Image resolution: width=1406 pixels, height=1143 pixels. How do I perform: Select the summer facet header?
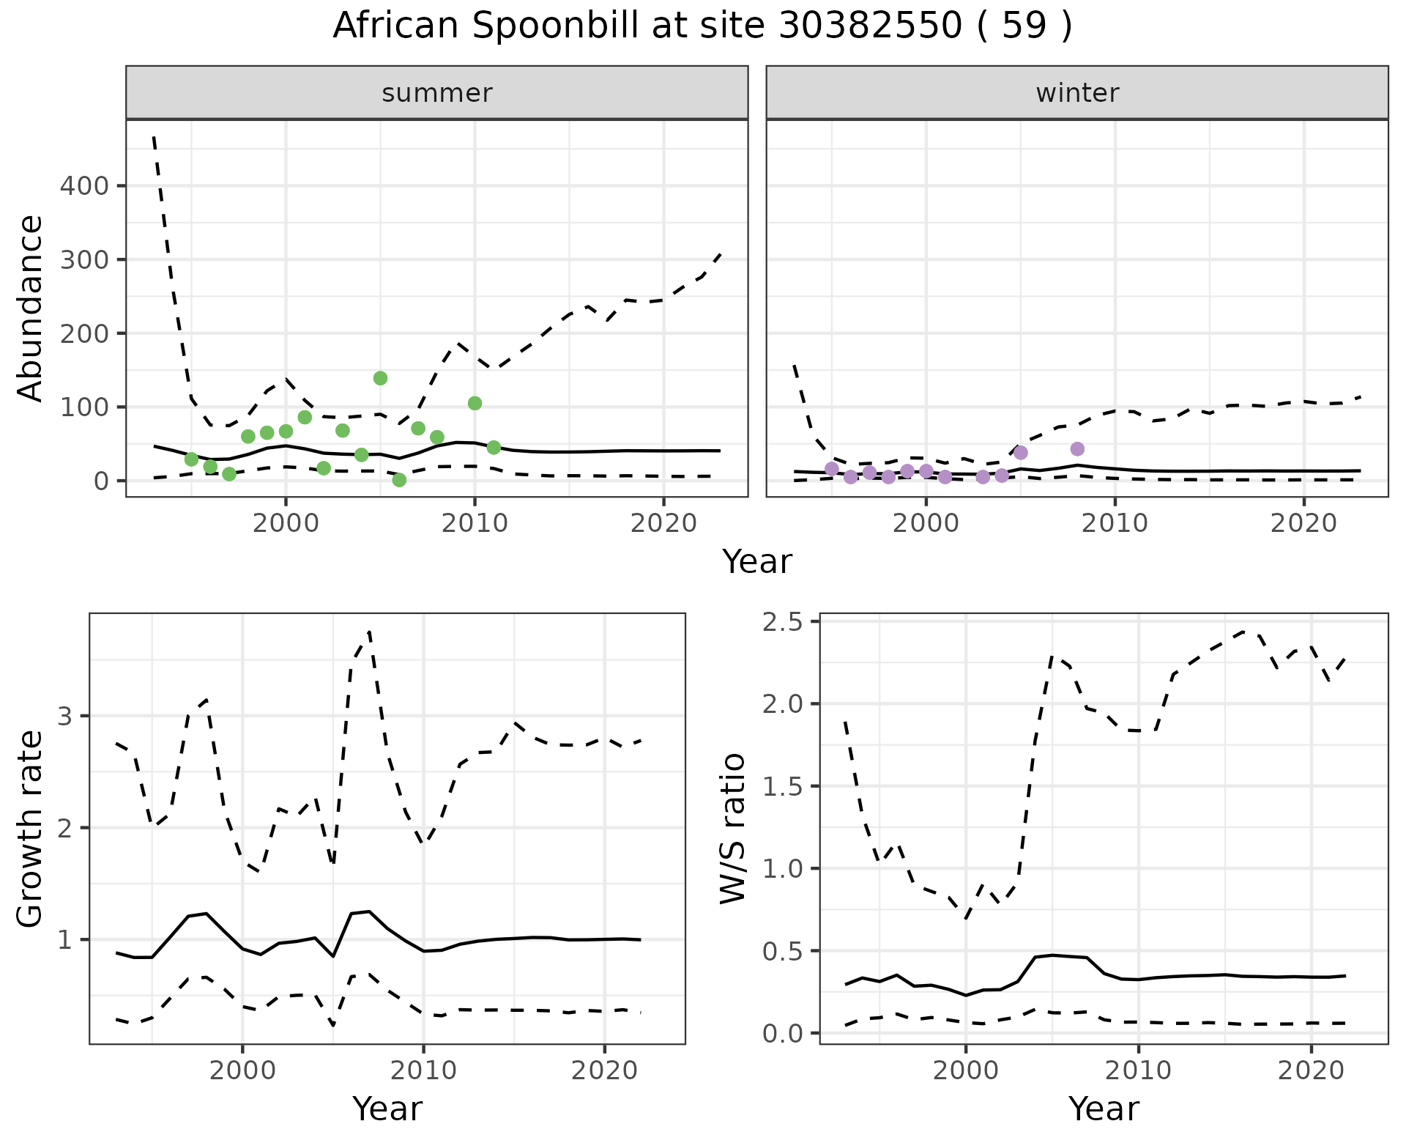[437, 93]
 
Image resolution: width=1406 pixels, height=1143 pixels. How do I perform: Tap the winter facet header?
[1077, 93]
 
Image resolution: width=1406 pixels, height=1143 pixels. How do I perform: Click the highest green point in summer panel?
[380, 378]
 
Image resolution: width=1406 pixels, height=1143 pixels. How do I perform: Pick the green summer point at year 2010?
[475, 403]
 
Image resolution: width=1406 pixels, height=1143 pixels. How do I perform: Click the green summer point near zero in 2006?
[399, 480]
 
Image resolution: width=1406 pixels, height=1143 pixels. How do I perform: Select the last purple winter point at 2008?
[1077, 448]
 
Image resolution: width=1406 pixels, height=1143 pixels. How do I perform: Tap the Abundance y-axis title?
[31, 308]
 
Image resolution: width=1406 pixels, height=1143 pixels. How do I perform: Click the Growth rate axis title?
[31, 828]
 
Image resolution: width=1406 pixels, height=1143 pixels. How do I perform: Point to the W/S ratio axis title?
[732, 828]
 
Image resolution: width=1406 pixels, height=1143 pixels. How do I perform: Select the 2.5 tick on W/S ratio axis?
[784, 622]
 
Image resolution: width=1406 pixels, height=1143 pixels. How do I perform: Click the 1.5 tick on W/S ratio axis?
[784, 787]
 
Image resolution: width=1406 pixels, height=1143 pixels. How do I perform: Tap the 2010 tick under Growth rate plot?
[423, 1070]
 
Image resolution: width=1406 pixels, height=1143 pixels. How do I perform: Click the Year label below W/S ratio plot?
[1104, 1109]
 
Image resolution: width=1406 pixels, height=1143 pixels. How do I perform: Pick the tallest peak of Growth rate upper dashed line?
[370, 631]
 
